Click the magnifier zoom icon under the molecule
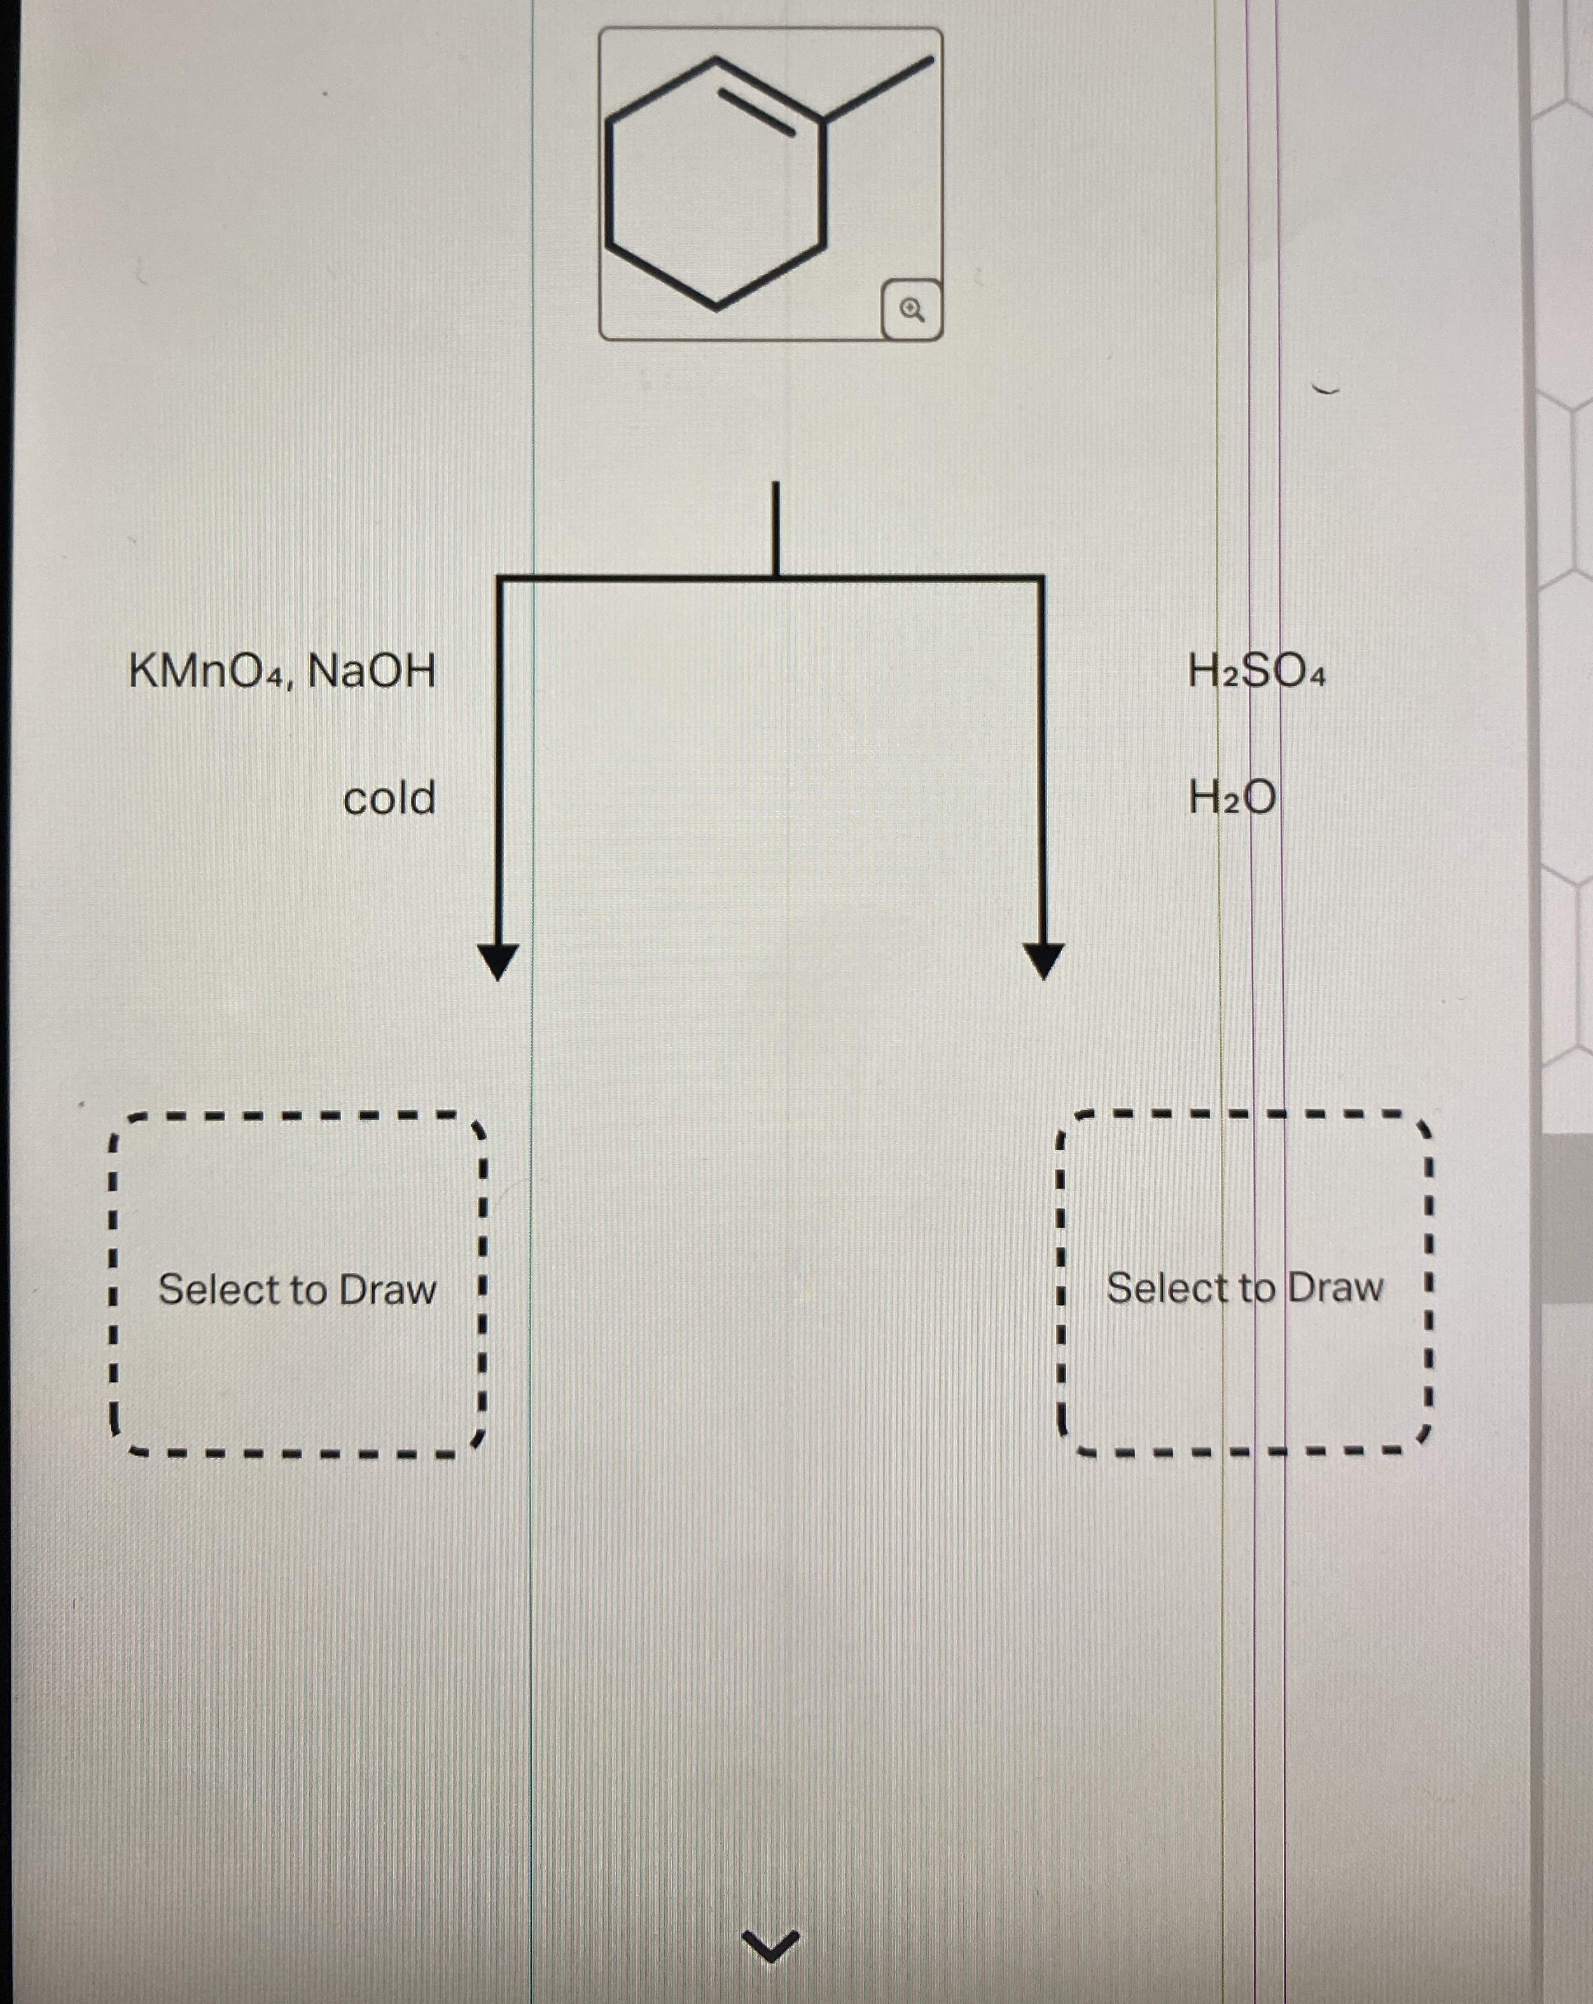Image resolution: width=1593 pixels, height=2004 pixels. [912, 310]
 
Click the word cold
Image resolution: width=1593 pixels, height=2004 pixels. [389, 798]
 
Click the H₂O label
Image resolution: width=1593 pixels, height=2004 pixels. [1232, 798]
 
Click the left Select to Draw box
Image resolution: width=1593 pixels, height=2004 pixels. [297, 1288]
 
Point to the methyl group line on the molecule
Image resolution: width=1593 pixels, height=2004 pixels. [879, 89]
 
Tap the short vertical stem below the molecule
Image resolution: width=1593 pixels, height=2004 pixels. [774, 528]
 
